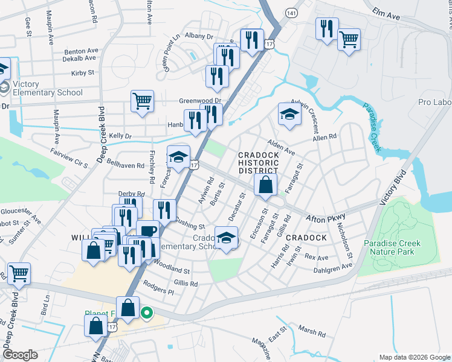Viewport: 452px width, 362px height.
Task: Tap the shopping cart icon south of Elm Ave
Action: pos(349,40)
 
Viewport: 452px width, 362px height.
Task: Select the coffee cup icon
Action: pos(147,230)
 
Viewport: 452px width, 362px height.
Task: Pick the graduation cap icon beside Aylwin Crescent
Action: pos(289,113)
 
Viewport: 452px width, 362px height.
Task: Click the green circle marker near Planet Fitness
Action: pos(146,313)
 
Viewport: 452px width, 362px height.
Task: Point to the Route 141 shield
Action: pos(292,13)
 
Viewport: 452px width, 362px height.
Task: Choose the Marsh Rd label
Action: pos(312,332)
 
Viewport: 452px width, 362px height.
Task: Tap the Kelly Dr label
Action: pos(120,137)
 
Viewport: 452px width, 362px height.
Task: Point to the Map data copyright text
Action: pos(413,357)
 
